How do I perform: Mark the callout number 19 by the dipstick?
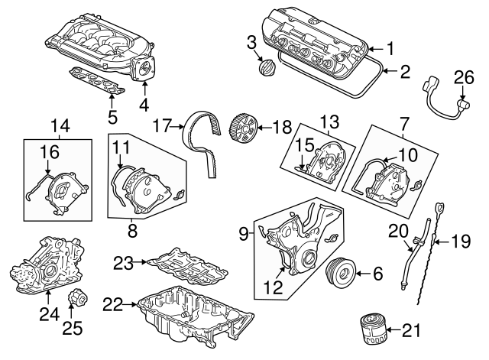click(458, 243)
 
